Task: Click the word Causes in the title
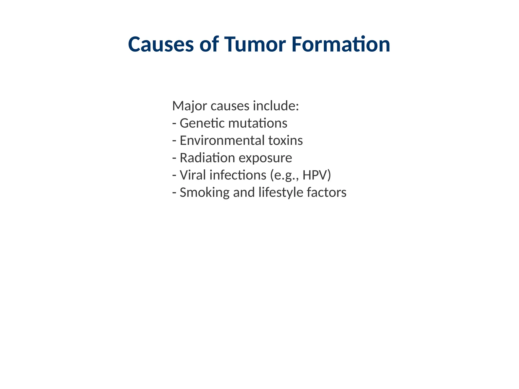[x=161, y=45]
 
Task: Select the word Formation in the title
[x=341, y=45]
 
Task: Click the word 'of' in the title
[x=209, y=45]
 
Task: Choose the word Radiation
[x=207, y=158]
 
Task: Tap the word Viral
[x=193, y=175]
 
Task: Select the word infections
[x=238, y=175]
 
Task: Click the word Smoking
[x=205, y=192]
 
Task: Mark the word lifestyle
[x=281, y=192]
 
